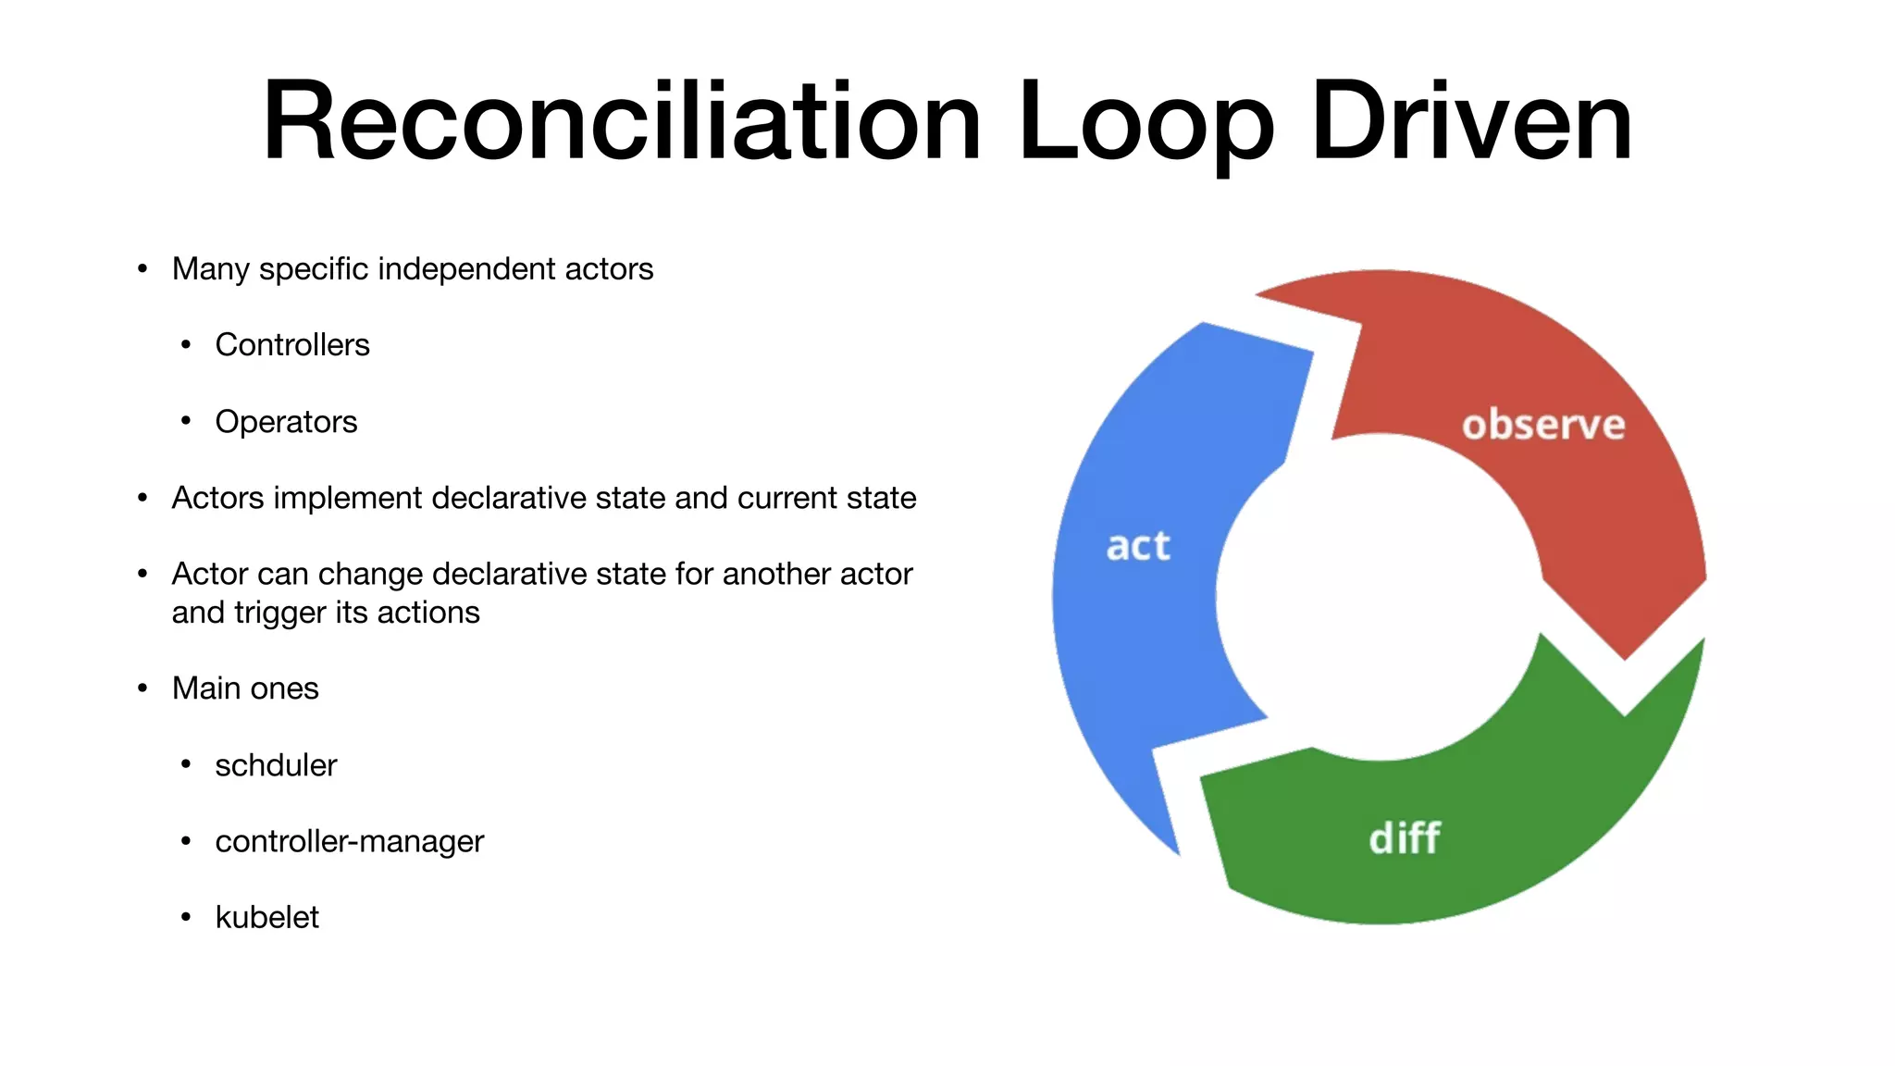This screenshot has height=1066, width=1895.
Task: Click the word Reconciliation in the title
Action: click(x=621, y=122)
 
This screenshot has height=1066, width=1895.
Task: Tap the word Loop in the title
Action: click(x=1146, y=122)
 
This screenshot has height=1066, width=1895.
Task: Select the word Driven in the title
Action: click(x=1471, y=122)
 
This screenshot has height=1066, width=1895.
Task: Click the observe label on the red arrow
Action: click(x=1542, y=425)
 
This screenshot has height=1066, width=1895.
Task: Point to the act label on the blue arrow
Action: click(x=1138, y=546)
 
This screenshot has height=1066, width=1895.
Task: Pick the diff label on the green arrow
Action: click(x=1404, y=838)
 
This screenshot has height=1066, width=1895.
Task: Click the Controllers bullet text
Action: click(x=292, y=345)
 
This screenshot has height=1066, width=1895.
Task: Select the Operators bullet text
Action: click(x=286, y=422)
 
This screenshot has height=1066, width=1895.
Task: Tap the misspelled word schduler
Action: click(x=276, y=765)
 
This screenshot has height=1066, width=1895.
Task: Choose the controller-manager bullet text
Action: click(x=349, y=841)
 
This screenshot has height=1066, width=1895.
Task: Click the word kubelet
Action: click(x=266, y=917)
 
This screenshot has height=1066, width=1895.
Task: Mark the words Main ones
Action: click(x=245, y=688)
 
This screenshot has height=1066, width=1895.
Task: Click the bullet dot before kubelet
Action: click(x=186, y=917)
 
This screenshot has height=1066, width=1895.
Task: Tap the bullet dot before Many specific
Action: click(x=142, y=269)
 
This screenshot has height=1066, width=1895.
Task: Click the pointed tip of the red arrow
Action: click(x=1625, y=658)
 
